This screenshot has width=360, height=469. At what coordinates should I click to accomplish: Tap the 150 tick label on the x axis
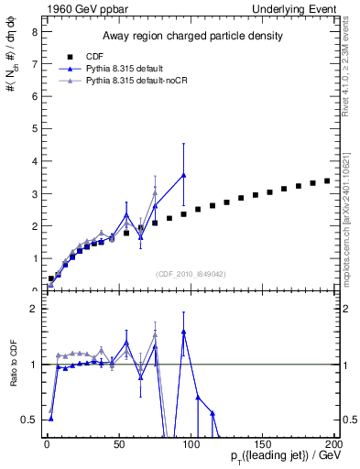[x=263, y=444]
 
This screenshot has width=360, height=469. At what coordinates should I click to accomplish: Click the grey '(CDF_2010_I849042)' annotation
[x=191, y=273]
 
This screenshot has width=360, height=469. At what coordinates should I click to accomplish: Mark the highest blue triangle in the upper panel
[x=184, y=175]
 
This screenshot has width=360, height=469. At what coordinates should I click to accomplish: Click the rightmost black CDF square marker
[x=328, y=180]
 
